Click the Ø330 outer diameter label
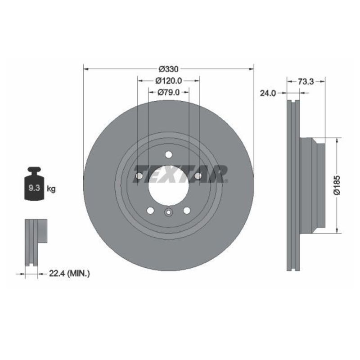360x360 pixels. pyautogui.click(x=169, y=69)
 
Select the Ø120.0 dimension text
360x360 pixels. pyautogui.click(x=169, y=81)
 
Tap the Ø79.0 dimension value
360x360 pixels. pyautogui.click(x=169, y=92)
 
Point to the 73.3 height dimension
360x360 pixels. pyautogui.click(x=306, y=81)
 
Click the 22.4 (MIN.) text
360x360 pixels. pyautogui.click(x=69, y=273)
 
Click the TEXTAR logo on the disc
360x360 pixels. pyautogui.click(x=180, y=174)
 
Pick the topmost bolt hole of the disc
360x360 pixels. pyautogui.click(x=169, y=154)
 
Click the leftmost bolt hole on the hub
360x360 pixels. pyautogui.click(x=139, y=175)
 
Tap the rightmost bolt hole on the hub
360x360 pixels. pyautogui.click(x=198, y=175)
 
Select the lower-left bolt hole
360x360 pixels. pyautogui.click(x=150, y=210)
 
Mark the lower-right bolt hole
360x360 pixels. pyautogui.click(x=187, y=210)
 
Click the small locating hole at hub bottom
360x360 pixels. pyautogui.click(x=168, y=213)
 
